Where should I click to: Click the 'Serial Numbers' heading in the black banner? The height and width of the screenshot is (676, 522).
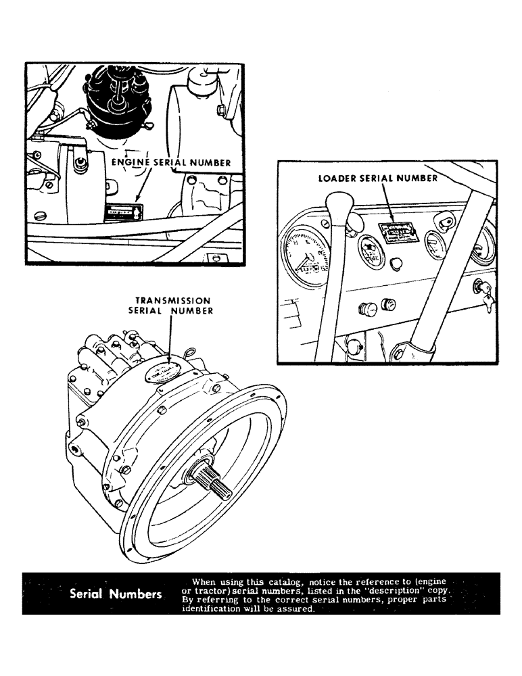(115, 594)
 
